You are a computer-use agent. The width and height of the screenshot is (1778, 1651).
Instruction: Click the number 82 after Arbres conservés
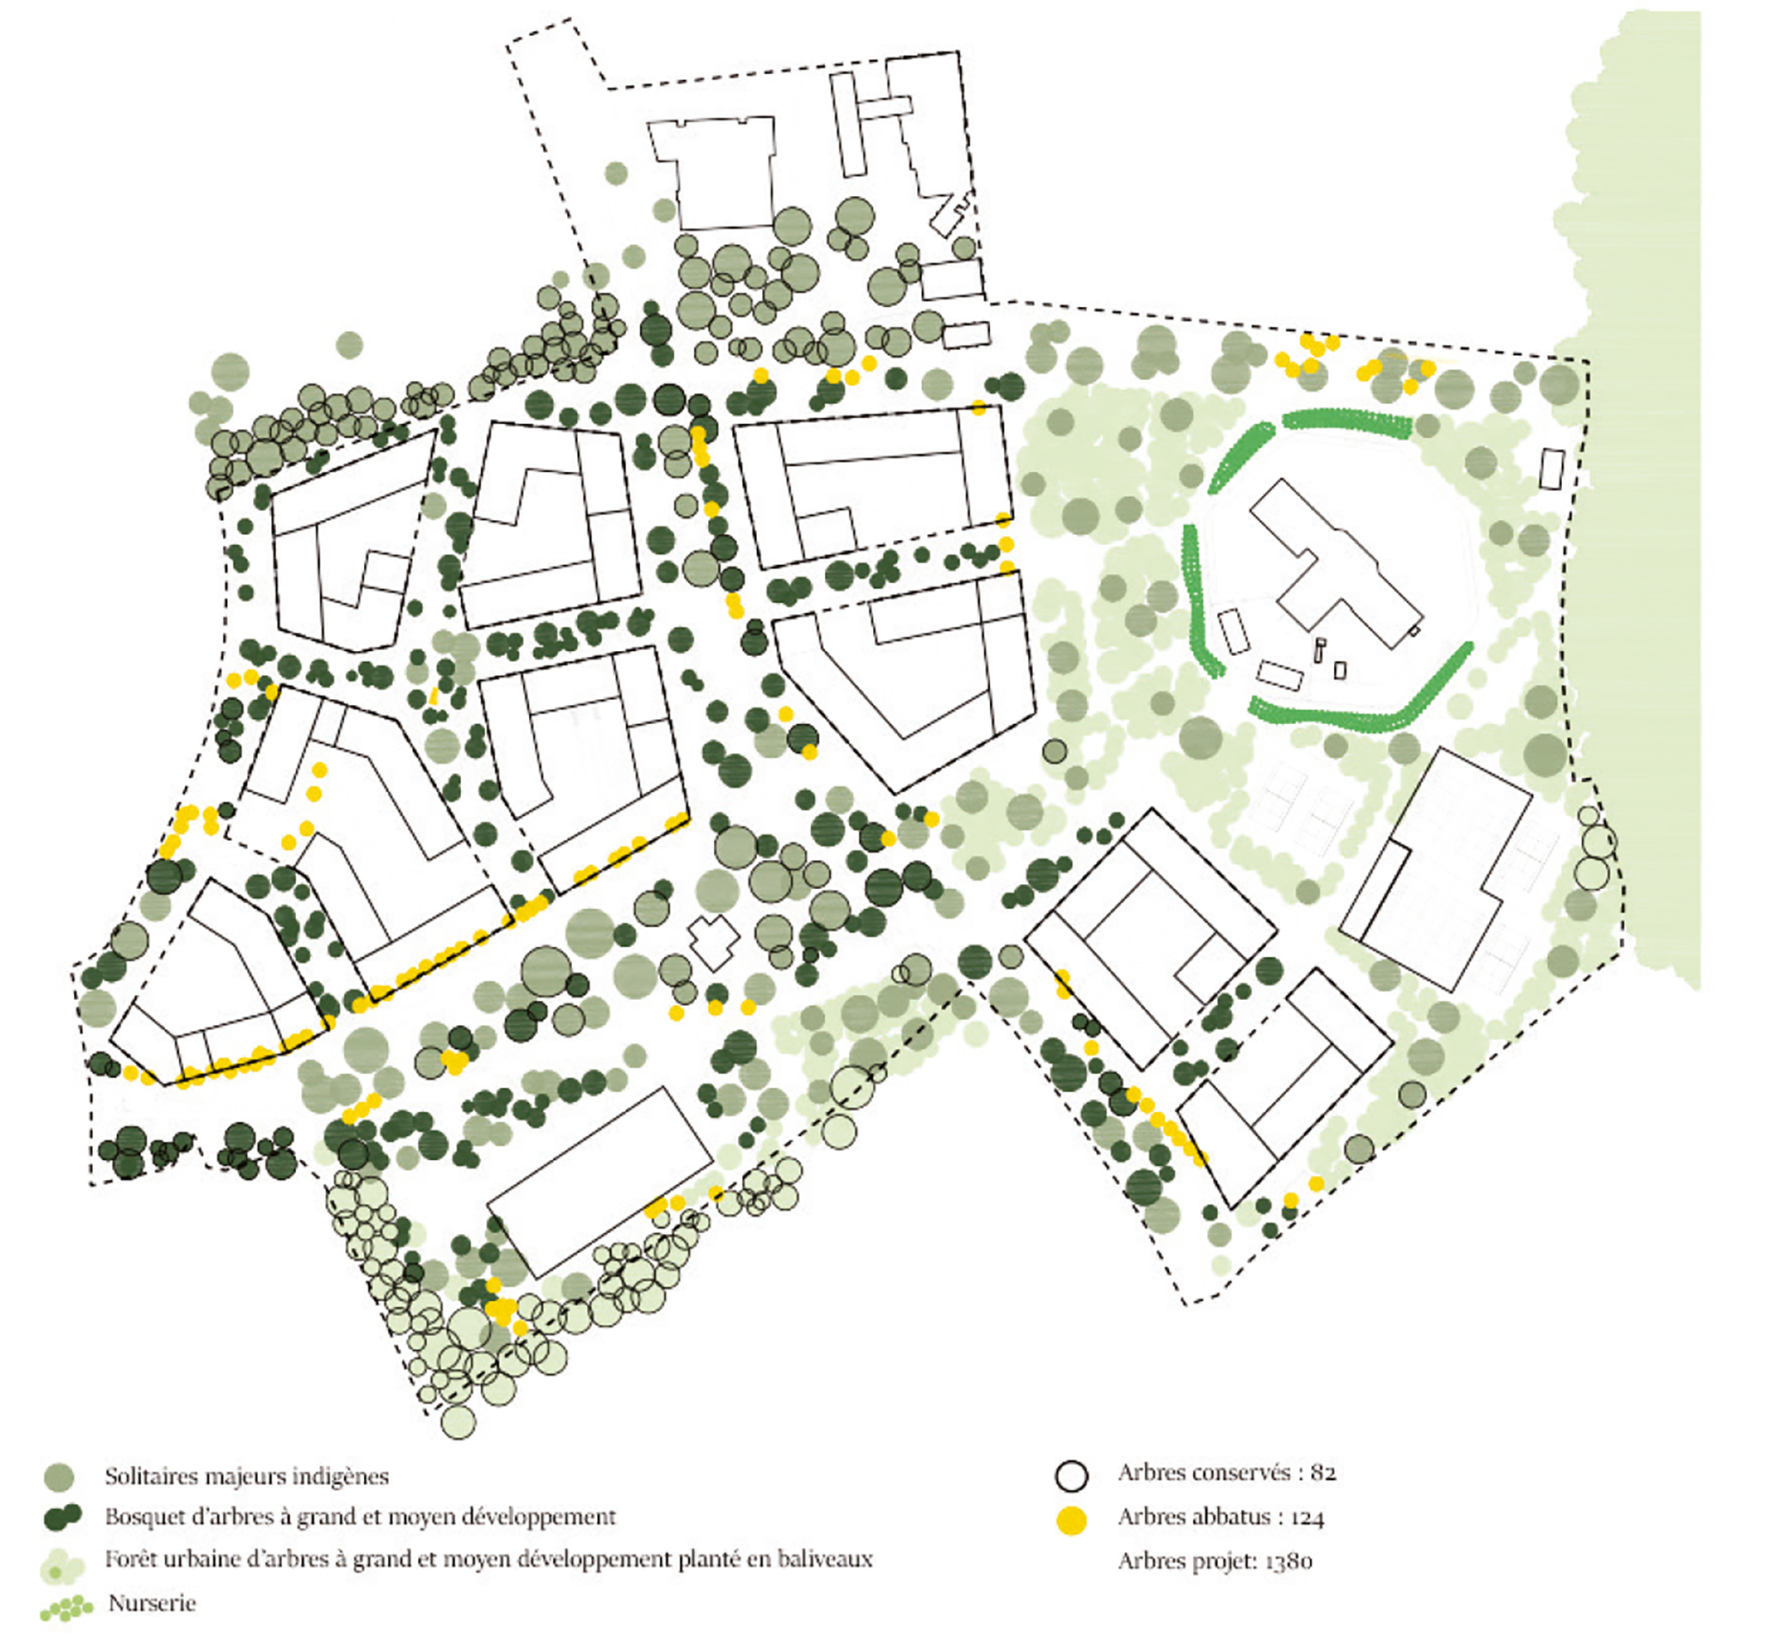1322,1472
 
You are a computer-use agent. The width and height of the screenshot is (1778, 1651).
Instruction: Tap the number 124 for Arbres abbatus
1307,1517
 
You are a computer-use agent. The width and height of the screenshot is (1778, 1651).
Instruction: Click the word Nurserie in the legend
152,1603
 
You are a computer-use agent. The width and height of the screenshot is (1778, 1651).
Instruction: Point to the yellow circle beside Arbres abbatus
1071,1520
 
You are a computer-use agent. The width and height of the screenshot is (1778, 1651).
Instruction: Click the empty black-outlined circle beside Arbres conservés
1071,1476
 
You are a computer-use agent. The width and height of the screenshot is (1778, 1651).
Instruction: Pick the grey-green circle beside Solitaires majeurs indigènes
59,1476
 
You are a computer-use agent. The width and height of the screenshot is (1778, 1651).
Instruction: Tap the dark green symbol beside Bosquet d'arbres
63,1516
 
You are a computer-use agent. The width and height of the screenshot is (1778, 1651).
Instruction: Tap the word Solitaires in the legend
149,1476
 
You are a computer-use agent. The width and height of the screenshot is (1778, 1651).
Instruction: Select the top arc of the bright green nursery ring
1345,420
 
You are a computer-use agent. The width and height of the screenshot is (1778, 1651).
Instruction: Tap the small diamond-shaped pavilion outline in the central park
713,942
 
